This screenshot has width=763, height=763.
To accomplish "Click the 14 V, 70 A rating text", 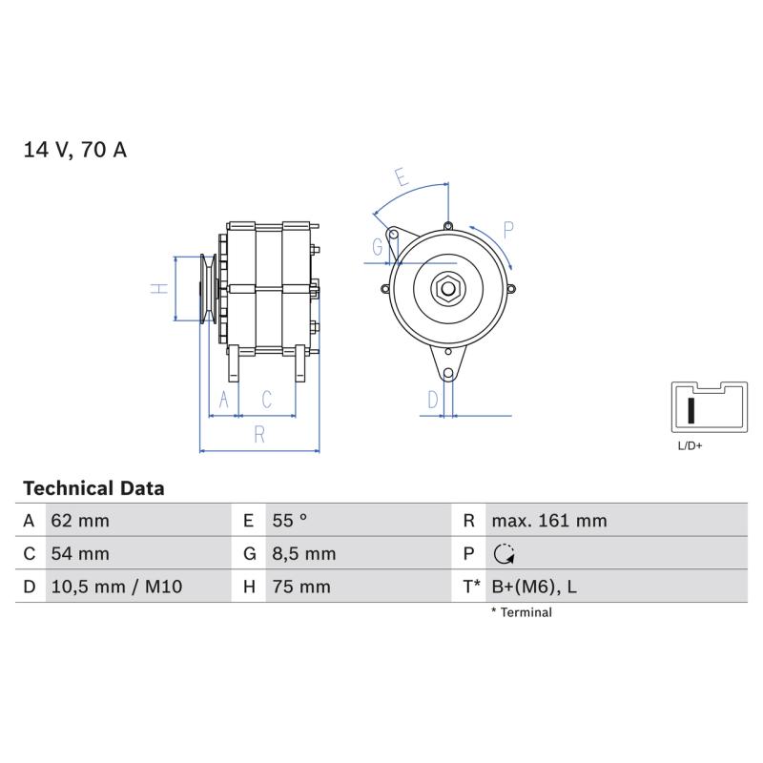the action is click(75, 150).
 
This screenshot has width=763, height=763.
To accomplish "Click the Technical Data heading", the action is click(93, 488).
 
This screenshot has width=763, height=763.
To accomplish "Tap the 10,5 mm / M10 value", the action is click(116, 587).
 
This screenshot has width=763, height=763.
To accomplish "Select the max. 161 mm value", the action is click(549, 521).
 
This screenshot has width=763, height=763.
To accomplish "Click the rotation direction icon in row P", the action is click(505, 554).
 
